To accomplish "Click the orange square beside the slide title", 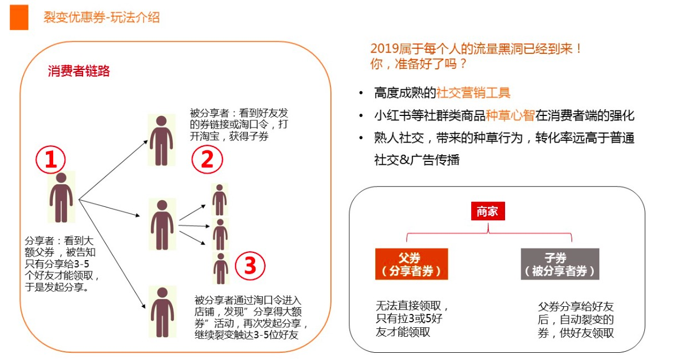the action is coord(19,17).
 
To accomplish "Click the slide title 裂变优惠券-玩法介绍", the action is coord(101,17).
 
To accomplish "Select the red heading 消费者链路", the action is coord(79,71).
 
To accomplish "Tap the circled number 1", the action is coord(51,160).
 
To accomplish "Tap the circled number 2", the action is coord(207,159).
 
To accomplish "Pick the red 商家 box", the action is coord(488,211).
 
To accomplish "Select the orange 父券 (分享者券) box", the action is coord(411,264).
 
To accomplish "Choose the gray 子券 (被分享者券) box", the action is coord(560,264).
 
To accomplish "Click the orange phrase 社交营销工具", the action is coord(473,93).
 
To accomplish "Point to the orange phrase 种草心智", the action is coord(510,115).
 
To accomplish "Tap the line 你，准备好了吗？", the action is coord(419,64).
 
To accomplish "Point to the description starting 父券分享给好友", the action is coord(575,320).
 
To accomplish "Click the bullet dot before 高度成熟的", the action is coord(361,93).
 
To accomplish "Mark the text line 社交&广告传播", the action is coord(417,160).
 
